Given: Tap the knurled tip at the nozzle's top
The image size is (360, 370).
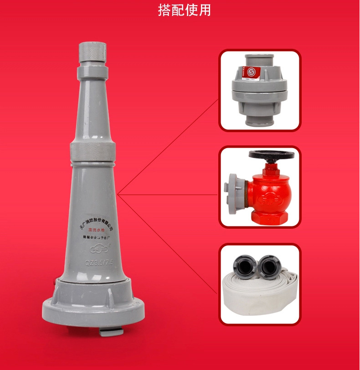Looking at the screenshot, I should click(93, 53).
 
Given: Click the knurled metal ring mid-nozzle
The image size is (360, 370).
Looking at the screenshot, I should click(93, 153).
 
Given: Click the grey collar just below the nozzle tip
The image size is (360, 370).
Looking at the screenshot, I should click(93, 72).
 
